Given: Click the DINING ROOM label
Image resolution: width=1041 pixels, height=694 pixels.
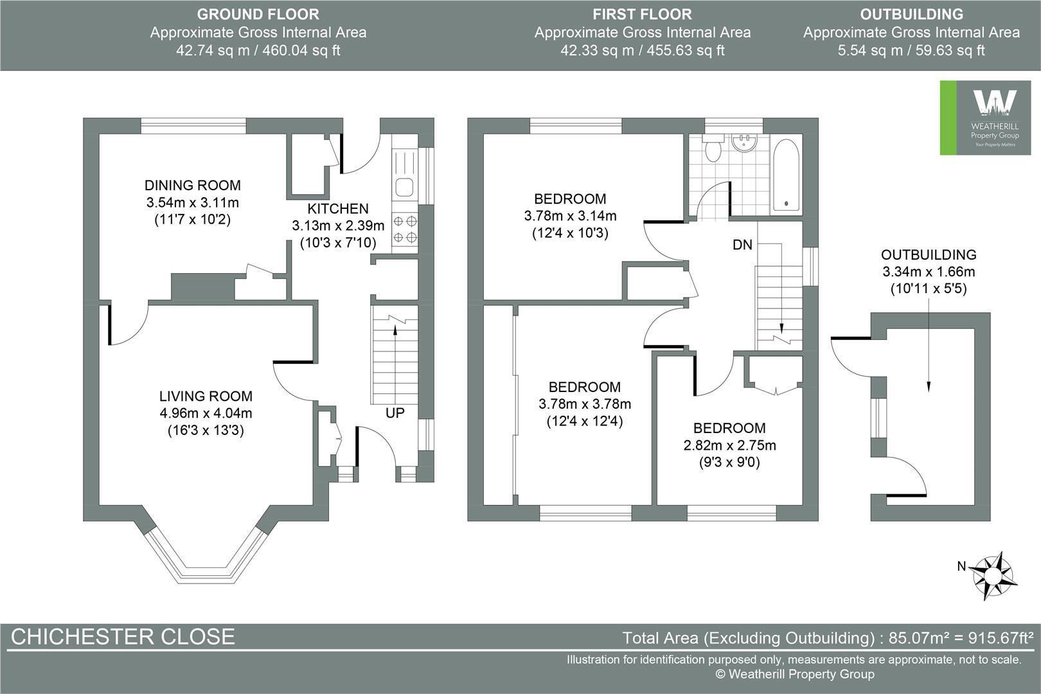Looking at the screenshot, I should [x=192, y=186].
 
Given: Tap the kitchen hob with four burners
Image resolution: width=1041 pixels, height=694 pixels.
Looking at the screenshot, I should [x=405, y=229].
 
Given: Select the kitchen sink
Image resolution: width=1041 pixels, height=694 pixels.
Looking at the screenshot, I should [x=405, y=188].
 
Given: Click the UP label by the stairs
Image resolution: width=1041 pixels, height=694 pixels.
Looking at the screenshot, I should [x=395, y=413].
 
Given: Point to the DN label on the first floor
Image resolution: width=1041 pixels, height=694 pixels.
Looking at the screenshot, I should [x=742, y=245].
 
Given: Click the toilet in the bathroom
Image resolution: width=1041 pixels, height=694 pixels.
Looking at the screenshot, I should [x=713, y=149].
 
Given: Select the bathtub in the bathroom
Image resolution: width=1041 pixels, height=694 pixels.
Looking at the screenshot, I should [x=787, y=175].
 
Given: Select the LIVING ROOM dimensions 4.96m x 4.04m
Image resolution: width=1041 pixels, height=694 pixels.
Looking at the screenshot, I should [x=206, y=413].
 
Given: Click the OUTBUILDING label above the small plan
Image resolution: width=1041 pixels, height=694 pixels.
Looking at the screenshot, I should [x=929, y=254].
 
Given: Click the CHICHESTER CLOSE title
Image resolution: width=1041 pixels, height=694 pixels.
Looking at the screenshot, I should [x=123, y=636].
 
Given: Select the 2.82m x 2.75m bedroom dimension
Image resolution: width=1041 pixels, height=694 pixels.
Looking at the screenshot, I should [x=729, y=445].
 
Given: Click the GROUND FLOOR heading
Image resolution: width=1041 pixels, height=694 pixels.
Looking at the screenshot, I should [x=258, y=14].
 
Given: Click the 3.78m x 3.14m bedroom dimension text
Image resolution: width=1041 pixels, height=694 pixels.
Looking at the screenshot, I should [x=570, y=216].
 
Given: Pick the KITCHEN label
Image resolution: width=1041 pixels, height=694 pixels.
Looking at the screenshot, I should [x=338, y=209].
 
